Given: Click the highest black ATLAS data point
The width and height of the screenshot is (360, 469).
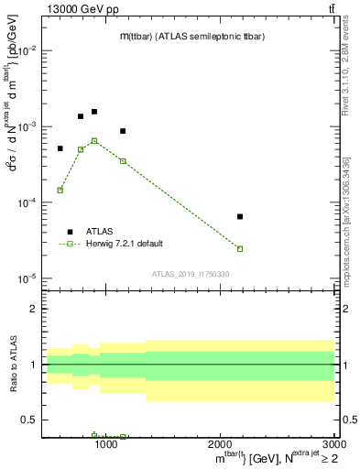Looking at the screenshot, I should pyautogui.click(x=94, y=112).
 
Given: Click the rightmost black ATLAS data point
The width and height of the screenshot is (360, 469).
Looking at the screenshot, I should pyautogui.click(x=240, y=217).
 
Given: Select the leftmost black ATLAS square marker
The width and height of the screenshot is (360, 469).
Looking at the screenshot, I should pyautogui.click(x=60, y=148).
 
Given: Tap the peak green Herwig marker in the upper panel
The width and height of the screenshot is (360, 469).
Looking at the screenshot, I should pyautogui.click(x=94, y=141).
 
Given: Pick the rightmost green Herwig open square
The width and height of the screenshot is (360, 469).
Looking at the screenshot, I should pyautogui.click(x=240, y=249).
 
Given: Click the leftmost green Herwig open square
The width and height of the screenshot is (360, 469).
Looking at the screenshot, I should pyautogui.click(x=60, y=191).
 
